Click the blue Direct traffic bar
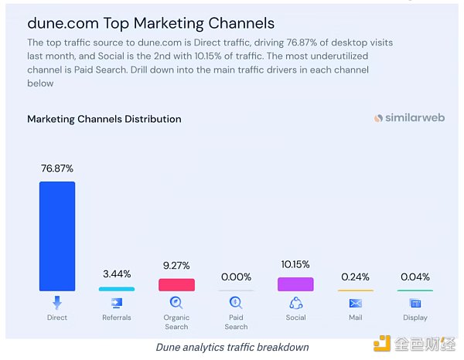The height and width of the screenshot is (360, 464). [57, 236]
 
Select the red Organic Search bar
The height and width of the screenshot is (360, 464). [176, 284]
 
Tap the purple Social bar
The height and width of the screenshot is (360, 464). [295, 284]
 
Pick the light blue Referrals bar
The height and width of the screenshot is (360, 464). [116, 289]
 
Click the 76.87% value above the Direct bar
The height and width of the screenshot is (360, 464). [57, 168]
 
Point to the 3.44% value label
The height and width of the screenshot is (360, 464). [117, 273]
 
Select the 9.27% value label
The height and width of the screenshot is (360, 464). [176, 265]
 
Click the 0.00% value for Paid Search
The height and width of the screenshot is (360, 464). [236, 277]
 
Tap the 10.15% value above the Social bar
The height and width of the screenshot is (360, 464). [295, 264]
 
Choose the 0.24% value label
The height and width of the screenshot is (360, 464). [355, 277]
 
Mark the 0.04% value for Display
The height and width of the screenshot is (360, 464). [415, 277]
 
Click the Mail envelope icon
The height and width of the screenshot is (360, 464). [355, 303]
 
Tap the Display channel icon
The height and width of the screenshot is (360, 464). [415, 303]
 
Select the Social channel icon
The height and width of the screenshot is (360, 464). [295, 303]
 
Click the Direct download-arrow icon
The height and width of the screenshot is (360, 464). [57, 303]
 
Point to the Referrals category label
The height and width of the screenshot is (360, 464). [117, 318]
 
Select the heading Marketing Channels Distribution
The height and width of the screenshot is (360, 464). [104, 119]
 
